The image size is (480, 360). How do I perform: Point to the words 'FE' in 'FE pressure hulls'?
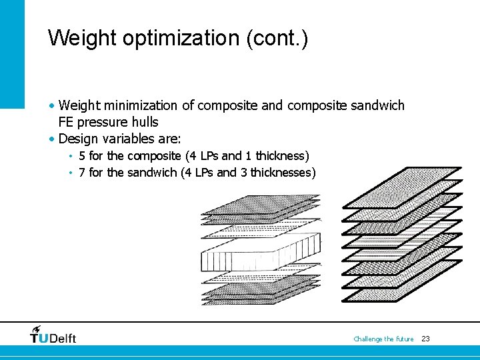coord(66,122)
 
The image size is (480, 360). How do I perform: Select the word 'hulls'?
coord(144,122)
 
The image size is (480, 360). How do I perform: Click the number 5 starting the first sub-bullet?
coord(81,156)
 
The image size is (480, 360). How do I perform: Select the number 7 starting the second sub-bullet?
coord(81,173)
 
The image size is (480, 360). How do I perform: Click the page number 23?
coord(425,339)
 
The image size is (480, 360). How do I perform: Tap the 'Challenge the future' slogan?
coord(383,339)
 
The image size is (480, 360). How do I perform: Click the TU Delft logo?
coord(53,335)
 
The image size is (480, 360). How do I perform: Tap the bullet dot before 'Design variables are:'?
coord(52,139)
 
